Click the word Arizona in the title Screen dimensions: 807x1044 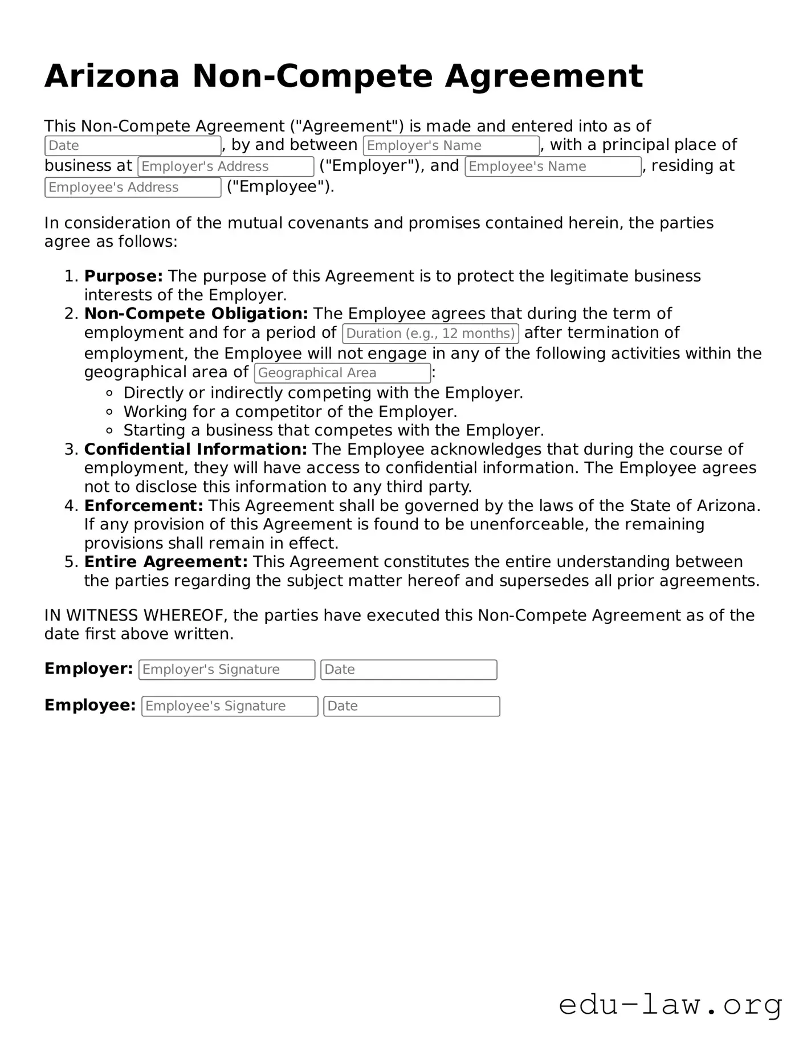coord(112,76)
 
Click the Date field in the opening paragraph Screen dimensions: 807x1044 coord(133,146)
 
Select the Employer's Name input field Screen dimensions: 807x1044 coord(451,146)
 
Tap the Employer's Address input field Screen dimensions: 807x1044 coord(226,166)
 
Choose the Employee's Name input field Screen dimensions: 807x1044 coord(553,166)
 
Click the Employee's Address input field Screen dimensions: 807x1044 coord(133,187)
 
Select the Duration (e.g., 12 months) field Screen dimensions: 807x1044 coord(430,333)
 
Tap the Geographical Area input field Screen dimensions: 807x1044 coord(342,373)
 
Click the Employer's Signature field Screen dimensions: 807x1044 coord(227,670)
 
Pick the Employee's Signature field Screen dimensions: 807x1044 coord(230,706)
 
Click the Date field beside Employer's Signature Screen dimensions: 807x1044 coord(409,670)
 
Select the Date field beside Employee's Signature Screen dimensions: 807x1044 coord(411,706)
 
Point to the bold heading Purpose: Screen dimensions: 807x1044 coord(124,276)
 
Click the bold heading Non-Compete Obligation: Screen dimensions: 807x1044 coord(196,314)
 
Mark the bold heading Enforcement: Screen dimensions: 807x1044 coord(144,506)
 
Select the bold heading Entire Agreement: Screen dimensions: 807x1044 coord(166,562)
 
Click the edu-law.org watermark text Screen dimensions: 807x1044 coord(670,1005)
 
